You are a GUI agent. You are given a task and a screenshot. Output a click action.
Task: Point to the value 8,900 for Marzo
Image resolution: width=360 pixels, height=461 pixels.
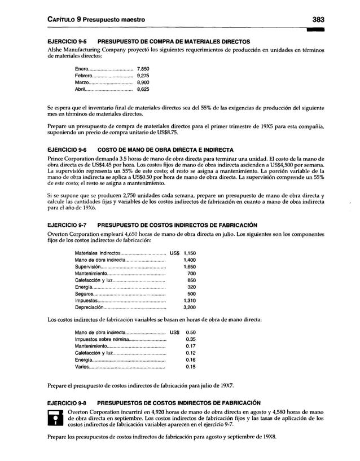tap(143, 82)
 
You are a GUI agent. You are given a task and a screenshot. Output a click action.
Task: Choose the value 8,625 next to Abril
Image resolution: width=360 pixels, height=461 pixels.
tap(143, 89)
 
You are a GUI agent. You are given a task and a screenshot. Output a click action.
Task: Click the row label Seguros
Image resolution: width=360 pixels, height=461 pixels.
tap(85, 294)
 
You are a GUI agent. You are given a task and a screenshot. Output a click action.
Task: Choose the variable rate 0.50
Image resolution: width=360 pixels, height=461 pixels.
tap(190, 332)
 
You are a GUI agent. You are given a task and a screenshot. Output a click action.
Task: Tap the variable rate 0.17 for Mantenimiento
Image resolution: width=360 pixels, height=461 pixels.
tap(190, 346)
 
